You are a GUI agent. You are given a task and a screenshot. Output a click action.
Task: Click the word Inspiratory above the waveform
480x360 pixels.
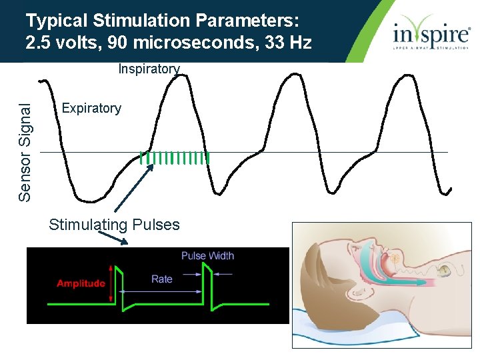pos(149,69)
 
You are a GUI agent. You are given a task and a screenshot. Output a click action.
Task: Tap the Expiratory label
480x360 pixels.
pos(91,108)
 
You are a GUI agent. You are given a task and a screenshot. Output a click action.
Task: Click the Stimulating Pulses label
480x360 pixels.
pos(114,225)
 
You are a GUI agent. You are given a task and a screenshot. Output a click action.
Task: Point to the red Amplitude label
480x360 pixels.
pos(81,283)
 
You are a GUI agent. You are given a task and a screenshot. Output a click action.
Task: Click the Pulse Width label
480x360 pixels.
pos(207,255)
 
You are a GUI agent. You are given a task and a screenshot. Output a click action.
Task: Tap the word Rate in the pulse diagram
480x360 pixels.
pos(161,279)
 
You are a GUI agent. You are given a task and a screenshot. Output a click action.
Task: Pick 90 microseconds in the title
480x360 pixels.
pos(182,43)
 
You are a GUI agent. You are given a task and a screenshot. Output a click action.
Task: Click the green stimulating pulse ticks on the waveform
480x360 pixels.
pos(175,158)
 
